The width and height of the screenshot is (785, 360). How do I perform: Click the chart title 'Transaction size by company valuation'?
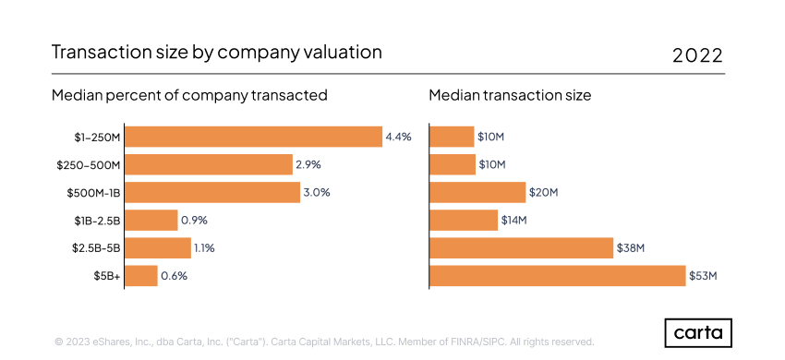(x=216, y=53)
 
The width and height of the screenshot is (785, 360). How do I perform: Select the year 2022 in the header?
(x=697, y=54)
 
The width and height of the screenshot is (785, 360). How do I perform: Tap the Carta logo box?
(x=698, y=332)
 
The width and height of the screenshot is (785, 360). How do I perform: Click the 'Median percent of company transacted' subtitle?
(x=189, y=95)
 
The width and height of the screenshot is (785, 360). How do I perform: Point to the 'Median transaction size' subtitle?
(x=510, y=95)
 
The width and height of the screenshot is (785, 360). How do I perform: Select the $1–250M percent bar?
(x=253, y=137)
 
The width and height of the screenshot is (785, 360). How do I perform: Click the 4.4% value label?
(x=398, y=137)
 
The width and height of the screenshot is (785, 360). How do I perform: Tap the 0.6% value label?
(x=174, y=275)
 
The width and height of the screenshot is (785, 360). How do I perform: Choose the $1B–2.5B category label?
(x=98, y=220)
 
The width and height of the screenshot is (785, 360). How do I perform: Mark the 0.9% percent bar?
(x=151, y=220)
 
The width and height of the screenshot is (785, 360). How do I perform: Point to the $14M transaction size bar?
(x=464, y=220)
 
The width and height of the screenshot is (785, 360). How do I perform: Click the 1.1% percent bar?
(x=158, y=247)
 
